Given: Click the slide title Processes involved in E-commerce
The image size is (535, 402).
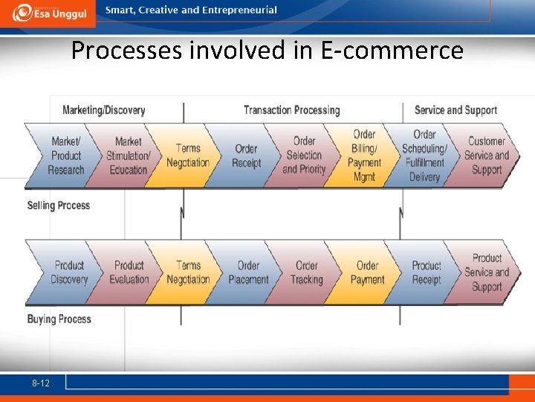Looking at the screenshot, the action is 267,51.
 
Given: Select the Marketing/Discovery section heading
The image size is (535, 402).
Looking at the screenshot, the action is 103,110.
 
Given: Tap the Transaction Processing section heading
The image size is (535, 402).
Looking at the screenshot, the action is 291,110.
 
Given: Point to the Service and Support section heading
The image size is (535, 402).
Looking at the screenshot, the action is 455,110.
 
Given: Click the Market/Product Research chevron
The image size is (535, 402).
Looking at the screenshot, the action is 65,156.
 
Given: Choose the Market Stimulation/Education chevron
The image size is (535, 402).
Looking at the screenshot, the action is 128,156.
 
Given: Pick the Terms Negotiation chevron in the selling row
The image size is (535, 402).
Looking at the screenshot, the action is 188,156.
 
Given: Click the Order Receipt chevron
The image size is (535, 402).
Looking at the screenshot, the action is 246,156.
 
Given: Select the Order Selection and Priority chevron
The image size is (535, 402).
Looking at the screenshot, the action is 304,156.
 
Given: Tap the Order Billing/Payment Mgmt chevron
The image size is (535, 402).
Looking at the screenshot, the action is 364,156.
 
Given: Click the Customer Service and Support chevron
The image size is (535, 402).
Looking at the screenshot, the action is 486,156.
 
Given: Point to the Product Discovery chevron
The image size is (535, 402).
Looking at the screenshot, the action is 69,272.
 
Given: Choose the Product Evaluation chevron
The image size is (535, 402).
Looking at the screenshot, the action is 129,272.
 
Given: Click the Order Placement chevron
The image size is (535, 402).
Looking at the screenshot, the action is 248,272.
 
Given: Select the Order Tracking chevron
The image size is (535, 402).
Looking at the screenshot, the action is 306,272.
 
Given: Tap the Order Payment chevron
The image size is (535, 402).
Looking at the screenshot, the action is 367,272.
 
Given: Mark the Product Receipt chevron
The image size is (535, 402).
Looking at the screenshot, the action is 427,272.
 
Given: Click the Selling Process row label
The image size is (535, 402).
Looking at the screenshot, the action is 58,205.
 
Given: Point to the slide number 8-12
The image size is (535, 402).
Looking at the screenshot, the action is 41,383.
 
